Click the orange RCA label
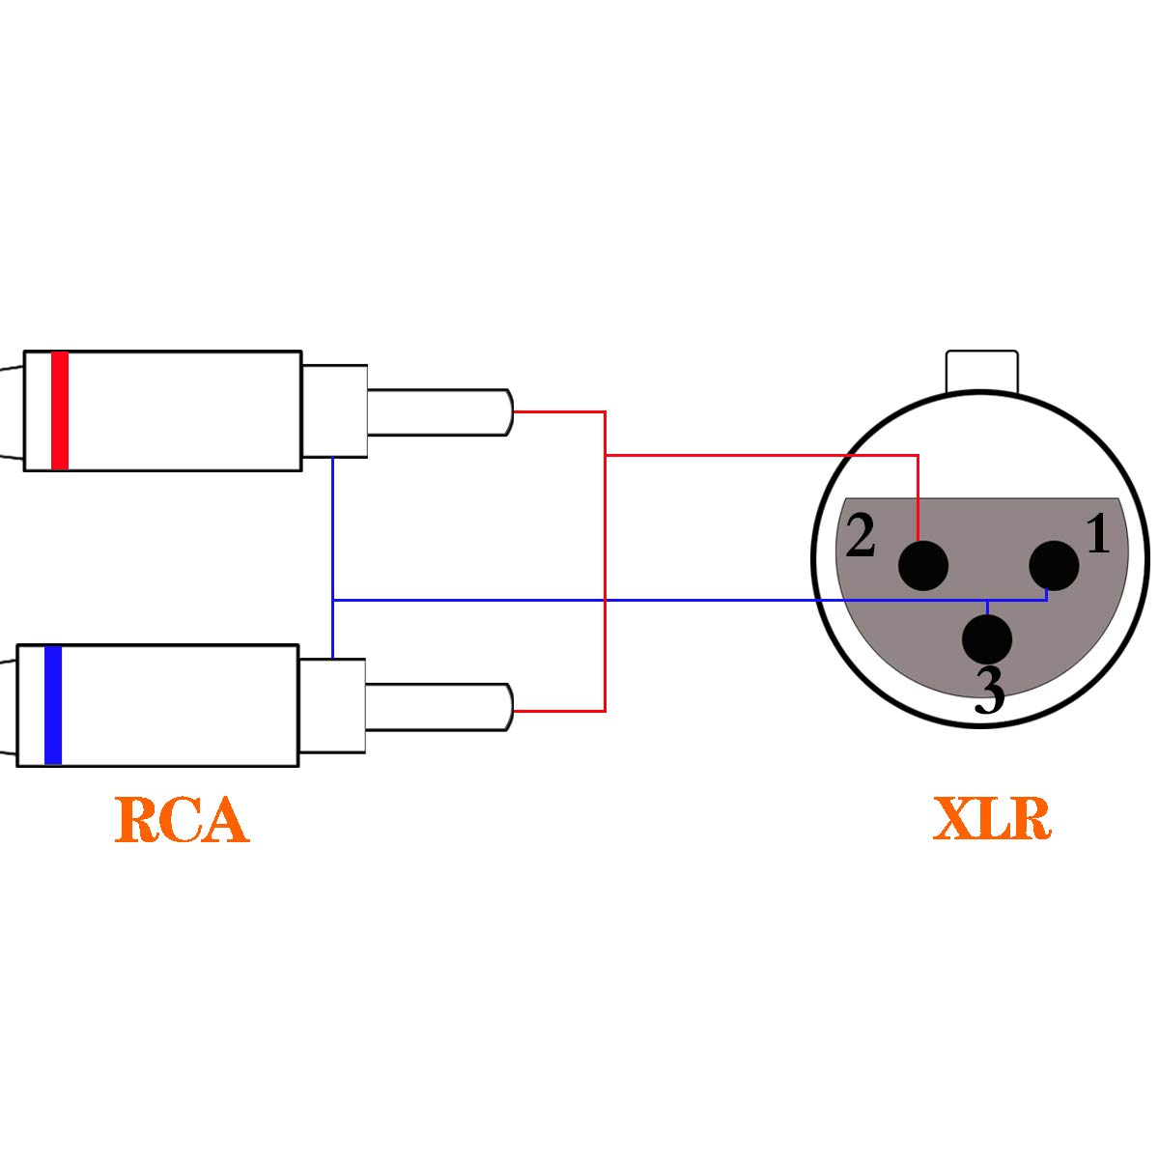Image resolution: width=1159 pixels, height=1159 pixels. [x=182, y=820]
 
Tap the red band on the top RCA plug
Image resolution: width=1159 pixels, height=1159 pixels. [x=60, y=410]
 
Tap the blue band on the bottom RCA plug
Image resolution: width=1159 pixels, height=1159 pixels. [x=53, y=705]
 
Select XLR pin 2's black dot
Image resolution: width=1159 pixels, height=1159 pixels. [x=922, y=565]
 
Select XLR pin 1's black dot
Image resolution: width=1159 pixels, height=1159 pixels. [x=1054, y=565]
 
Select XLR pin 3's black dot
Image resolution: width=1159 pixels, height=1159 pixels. [x=987, y=638]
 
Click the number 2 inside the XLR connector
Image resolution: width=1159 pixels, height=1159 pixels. [x=861, y=536]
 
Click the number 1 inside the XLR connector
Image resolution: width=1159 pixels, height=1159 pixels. [x=1098, y=534]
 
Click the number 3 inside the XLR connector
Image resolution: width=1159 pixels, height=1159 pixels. [x=989, y=690]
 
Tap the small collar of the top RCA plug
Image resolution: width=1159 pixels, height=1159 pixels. [x=335, y=410]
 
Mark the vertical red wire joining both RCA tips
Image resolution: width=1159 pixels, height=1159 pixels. [x=605, y=579]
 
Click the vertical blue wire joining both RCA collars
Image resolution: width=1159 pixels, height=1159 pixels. [x=332, y=541]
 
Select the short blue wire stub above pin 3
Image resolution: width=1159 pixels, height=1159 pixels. [x=986, y=607]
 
